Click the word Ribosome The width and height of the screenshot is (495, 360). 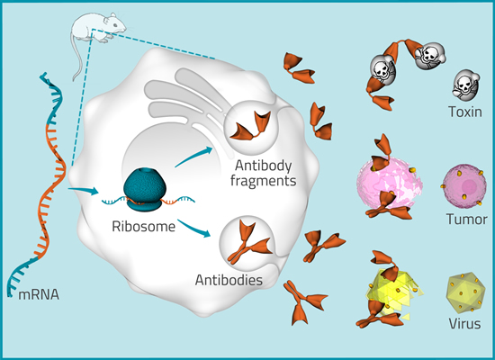point(144,226)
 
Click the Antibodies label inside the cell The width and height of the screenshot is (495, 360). point(229,280)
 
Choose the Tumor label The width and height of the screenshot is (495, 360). point(465,219)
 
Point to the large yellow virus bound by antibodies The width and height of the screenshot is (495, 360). point(388,288)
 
